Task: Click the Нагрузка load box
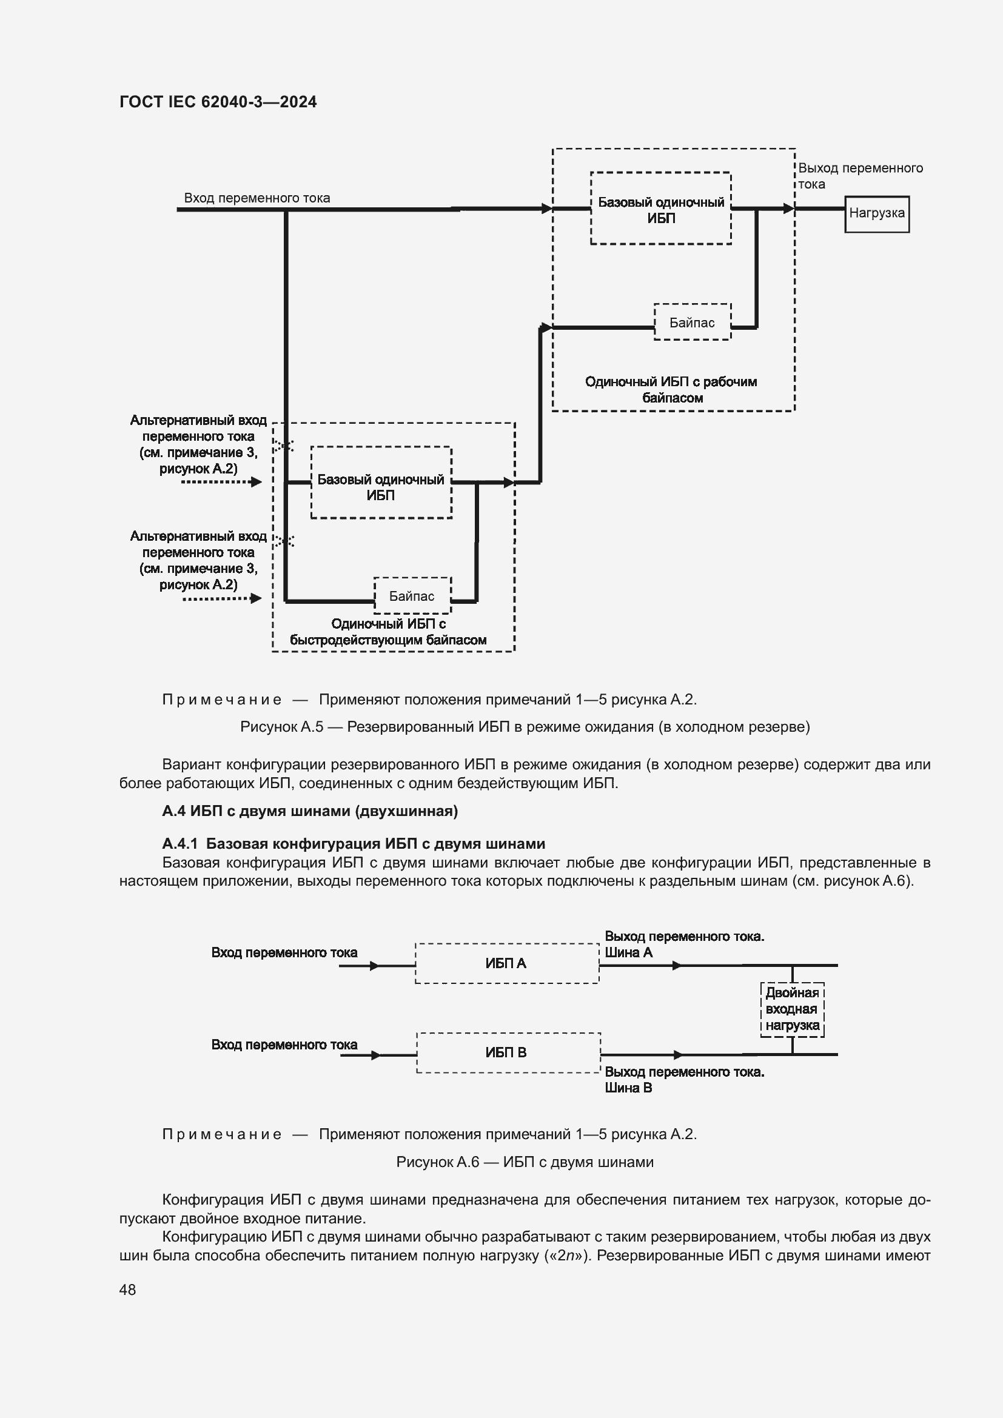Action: click(x=876, y=213)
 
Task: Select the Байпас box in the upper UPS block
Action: click(x=692, y=322)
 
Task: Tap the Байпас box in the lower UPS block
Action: click(x=412, y=595)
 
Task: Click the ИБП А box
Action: click(x=506, y=963)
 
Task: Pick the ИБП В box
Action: click(x=508, y=1052)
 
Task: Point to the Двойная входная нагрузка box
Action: click(x=792, y=1009)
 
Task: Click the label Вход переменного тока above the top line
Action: click(x=257, y=198)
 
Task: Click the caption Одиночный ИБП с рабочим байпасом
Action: click(x=671, y=390)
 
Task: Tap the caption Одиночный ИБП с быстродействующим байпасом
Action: click(x=389, y=632)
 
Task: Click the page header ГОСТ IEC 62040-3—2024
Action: click(x=218, y=102)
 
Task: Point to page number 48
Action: click(x=127, y=1289)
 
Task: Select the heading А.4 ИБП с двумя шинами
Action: click(x=309, y=811)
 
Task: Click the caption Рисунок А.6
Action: click(x=525, y=1162)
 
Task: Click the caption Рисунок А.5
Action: click(x=525, y=726)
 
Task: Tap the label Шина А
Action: click(x=628, y=952)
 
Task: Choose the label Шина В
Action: click(x=628, y=1088)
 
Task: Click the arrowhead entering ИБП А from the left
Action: click(x=374, y=965)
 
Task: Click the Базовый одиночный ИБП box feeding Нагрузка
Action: click(x=661, y=209)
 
